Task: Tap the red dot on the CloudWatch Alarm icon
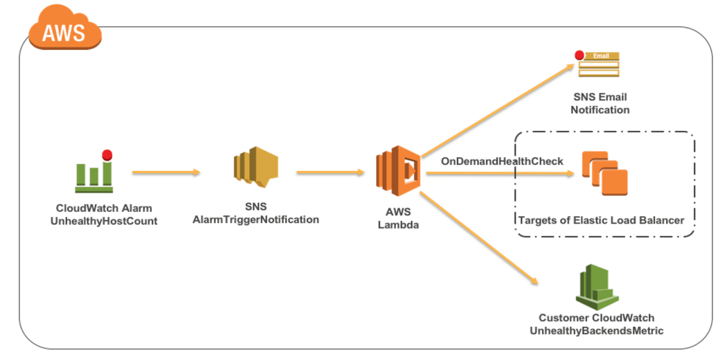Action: (107, 154)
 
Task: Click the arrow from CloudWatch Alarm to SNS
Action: (165, 172)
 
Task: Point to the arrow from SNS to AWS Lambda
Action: (330, 172)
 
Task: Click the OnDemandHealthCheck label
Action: (502, 161)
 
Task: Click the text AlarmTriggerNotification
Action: (255, 219)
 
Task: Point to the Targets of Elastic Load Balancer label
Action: (601, 220)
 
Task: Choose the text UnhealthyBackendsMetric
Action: (596, 331)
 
